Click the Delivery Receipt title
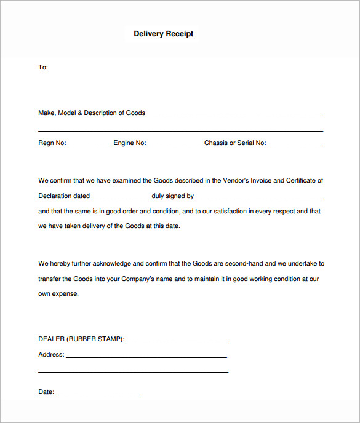(x=163, y=34)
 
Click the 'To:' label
(x=43, y=67)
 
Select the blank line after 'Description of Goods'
(x=234, y=114)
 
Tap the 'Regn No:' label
(x=52, y=143)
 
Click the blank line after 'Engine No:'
(x=175, y=145)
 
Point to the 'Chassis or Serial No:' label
(x=235, y=143)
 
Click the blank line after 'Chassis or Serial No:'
(x=295, y=145)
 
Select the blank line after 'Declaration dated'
(x=121, y=198)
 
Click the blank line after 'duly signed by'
(x=260, y=198)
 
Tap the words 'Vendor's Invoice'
(x=246, y=180)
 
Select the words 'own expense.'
(x=58, y=294)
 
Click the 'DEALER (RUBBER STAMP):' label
(x=81, y=339)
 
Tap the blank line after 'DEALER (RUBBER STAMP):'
(x=177, y=341)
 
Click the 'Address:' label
(x=51, y=354)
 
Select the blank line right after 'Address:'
(x=146, y=357)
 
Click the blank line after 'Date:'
(x=98, y=393)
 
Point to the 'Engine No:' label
(x=129, y=143)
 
